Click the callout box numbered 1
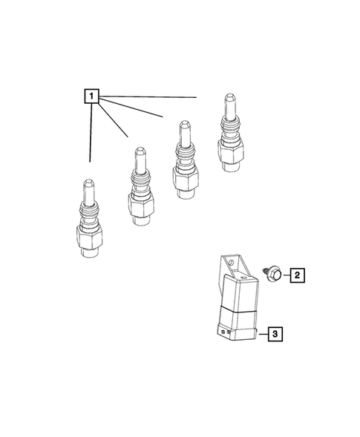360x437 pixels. coord(90,96)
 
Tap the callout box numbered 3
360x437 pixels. coord(274,335)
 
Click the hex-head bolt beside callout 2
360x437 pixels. coord(274,275)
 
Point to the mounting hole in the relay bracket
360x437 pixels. coord(232,262)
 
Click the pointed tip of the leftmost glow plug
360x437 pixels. coord(88,184)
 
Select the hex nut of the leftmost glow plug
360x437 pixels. coord(88,239)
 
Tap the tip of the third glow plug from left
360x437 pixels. coord(180,125)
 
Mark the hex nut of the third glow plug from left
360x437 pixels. coord(181,179)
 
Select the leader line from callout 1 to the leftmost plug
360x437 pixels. coord(91,134)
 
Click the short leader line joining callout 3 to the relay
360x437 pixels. coord(261,335)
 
